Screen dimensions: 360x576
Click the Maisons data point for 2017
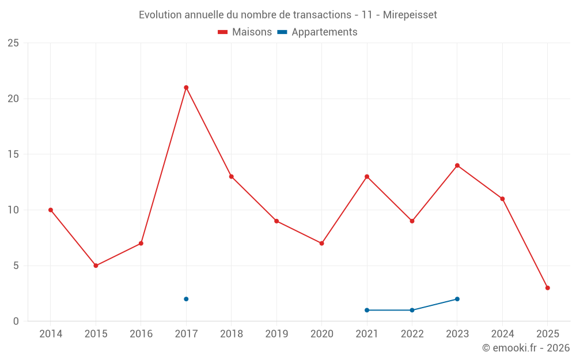point(186,88)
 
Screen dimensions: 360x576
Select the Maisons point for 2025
point(547,288)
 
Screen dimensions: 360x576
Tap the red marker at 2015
point(96,266)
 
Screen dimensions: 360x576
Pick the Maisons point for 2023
point(457,165)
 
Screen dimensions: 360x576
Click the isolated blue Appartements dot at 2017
point(186,299)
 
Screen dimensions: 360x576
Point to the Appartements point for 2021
point(367,310)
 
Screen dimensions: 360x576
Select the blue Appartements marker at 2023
point(457,299)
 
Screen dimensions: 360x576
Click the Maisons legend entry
point(245,32)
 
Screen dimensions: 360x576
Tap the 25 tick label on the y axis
point(13,43)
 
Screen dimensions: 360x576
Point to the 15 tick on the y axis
point(13,154)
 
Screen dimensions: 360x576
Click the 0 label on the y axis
point(16,321)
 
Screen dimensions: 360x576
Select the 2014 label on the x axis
point(51,334)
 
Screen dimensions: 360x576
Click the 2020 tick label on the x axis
point(321,334)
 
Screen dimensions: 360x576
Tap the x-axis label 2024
point(502,334)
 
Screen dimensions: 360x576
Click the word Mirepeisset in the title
point(410,15)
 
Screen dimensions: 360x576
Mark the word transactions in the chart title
point(314,15)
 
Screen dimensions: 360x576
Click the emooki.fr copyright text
point(525,348)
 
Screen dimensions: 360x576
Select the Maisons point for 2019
point(276,221)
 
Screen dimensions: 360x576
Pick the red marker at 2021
point(367,176)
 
